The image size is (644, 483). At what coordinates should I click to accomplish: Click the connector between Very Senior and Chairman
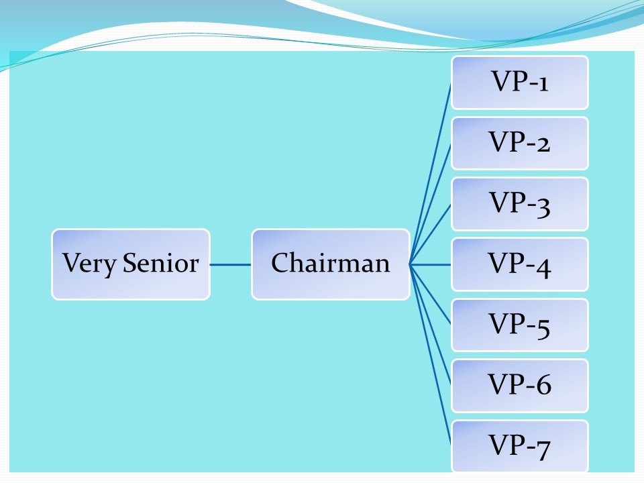pyautogui.click(x=230, y=264)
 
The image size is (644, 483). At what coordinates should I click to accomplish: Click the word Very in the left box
pyautogui.click(x=91, y=264)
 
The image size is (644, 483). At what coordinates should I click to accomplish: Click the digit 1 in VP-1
pyautogui.click(x=543, y=83)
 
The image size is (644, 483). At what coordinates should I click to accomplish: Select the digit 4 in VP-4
pyautogui.click(x=542, y=266)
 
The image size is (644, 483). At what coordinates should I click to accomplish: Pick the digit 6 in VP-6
pyautogui.click(x=542, y=386)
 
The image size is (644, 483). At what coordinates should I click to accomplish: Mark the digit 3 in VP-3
pyautogui.click(x=542, y=205)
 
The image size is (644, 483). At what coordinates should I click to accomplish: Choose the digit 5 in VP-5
pyautogui.click(x=542, y=326)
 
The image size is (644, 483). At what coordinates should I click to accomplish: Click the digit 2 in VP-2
pyautogui.click(x=542, y=144)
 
